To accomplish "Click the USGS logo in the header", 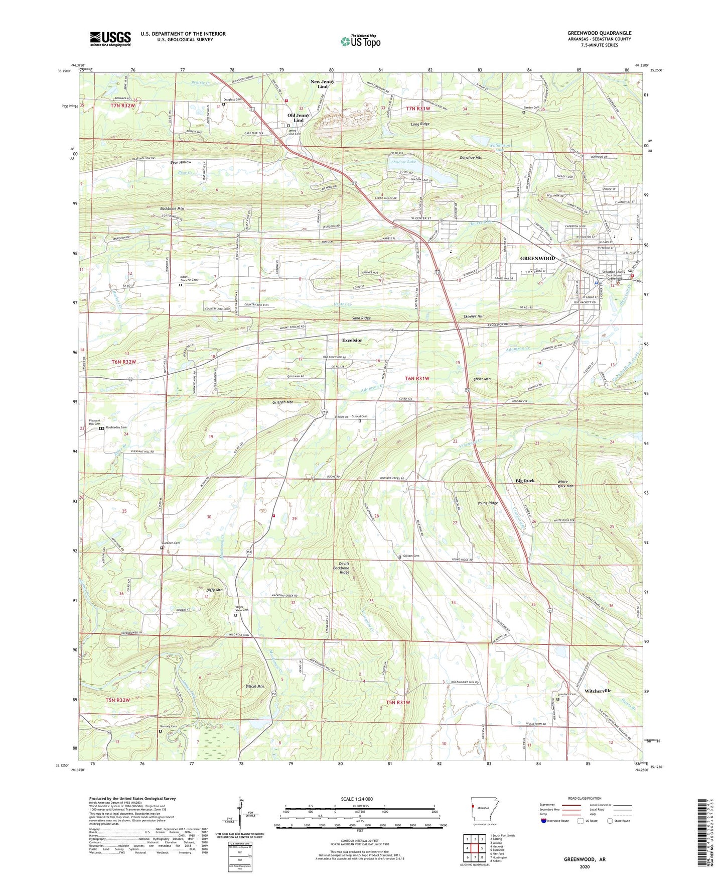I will tap(110, 38).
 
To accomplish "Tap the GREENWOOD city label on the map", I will tap(537, 258).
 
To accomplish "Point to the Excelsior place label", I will tap(352, 340).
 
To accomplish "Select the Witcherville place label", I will tap(598, 691).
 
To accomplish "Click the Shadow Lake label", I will tap(404, 162).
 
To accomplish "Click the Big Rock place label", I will tap(525, 481).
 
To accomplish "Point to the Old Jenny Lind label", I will tap(298, 118).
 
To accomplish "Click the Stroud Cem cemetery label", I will tap(359, 416).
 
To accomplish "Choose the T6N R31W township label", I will tap(417, 378).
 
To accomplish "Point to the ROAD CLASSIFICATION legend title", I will tap(585, 798).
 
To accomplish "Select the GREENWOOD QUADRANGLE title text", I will tap(599, 33).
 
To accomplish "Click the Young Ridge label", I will tap(487, 503).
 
